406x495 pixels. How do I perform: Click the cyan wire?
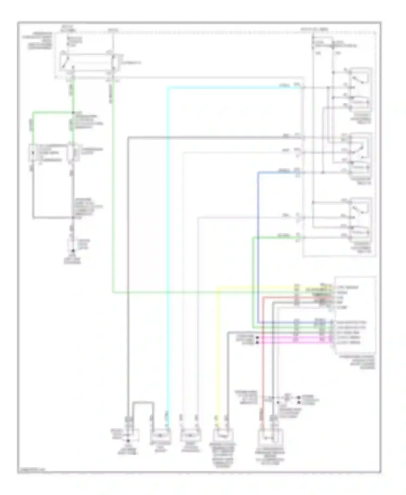click(x=168, y=244)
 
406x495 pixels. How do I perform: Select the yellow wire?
click(x=218, y=352)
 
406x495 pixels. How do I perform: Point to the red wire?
click(x=263, y=366)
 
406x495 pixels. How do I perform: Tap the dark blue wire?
click(x=258, y=244)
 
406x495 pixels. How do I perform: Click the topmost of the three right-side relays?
click(x=360, y=89)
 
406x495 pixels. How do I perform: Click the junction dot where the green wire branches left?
click(x=73, y=112)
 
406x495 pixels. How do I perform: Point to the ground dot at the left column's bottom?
click(x=72, y=251)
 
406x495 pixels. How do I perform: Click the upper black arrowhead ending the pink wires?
click(x=257, y=338)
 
